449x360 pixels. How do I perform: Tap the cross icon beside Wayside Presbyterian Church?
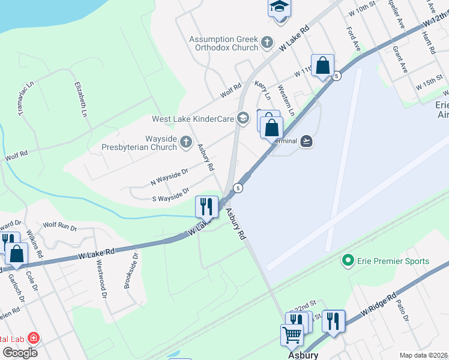tap(186, 142)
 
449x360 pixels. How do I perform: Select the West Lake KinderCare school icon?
tap(243, 118)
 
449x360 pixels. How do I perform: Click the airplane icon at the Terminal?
tap(307, 141)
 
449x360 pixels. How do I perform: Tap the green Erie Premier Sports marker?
tap(346, 261)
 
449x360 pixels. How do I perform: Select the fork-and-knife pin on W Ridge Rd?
tap(333, 320)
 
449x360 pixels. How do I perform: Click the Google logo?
tap(19, 353)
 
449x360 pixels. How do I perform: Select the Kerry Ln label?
tap(263, 90)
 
